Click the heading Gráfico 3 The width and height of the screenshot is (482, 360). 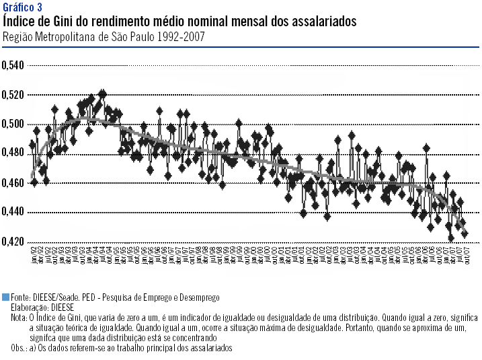[x=22, y=7]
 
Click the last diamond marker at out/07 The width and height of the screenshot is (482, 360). [x=465, y=233]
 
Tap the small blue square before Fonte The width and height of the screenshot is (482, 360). [x=6, y=297]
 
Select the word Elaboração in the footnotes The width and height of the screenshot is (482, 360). [x=28, y=307]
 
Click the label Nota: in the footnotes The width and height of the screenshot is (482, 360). [x=19, y=317]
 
